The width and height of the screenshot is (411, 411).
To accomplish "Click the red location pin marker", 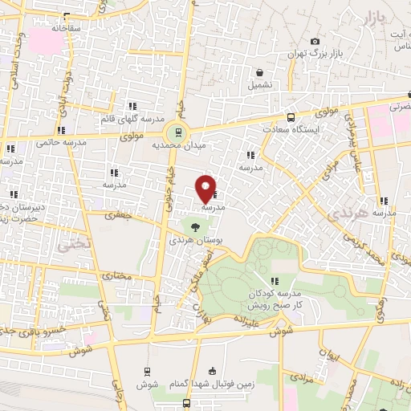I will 206,187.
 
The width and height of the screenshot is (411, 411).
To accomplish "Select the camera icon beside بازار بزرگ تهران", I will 315,42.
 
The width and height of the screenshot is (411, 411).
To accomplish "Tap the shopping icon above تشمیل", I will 260,71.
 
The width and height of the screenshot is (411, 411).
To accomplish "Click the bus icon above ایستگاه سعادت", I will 291,116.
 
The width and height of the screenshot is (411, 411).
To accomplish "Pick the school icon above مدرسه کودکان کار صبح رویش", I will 275,280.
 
